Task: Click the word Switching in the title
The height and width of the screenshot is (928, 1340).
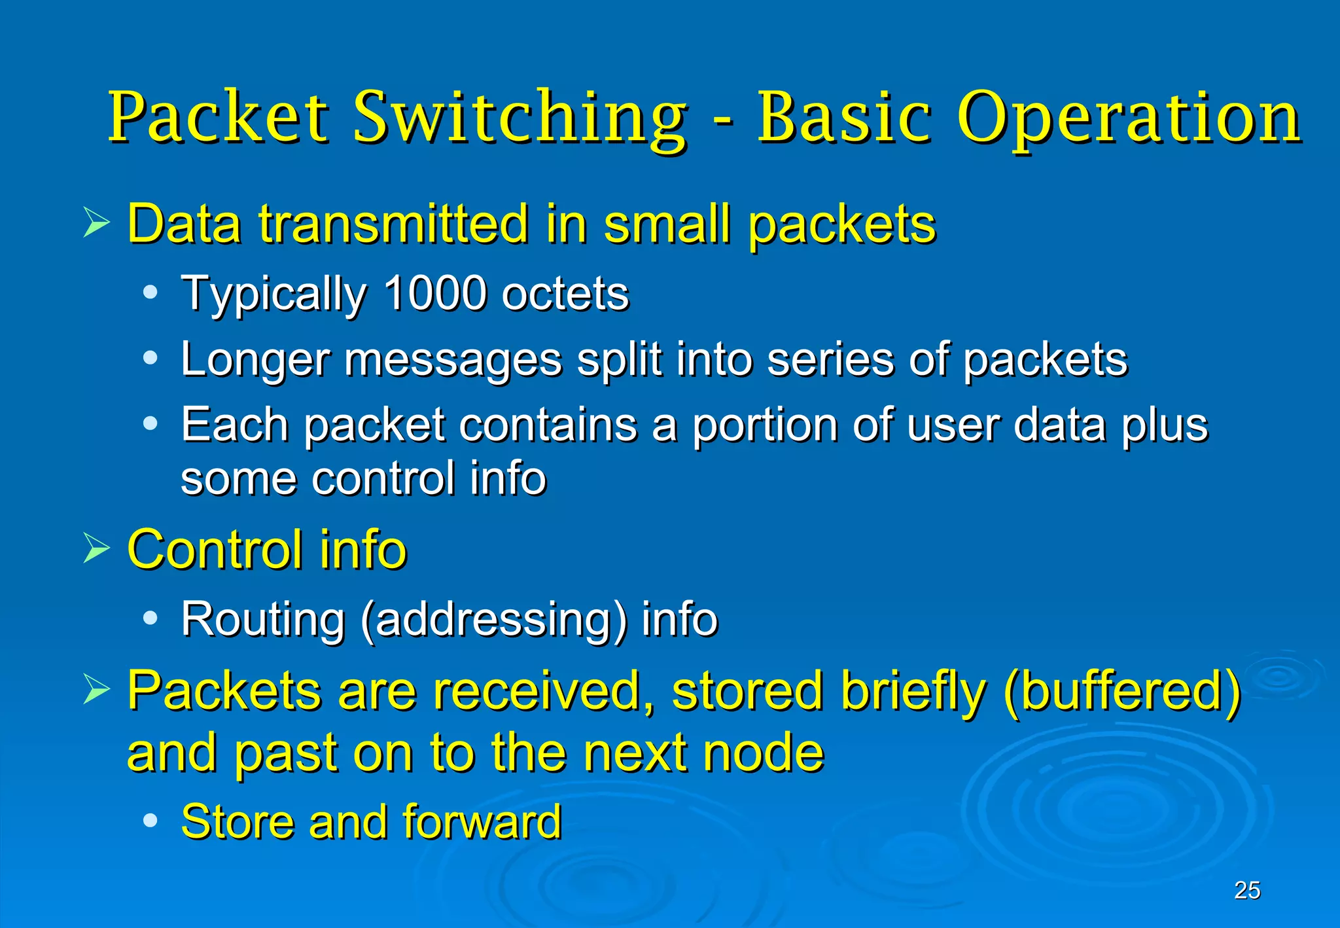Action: point(520,118)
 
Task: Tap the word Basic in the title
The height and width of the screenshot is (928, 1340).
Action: point(843,118)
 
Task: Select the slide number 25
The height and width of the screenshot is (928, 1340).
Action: point(1247,890)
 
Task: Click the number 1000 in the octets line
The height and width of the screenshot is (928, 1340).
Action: point(434,293)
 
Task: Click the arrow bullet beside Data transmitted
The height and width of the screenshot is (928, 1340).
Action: point(97,223)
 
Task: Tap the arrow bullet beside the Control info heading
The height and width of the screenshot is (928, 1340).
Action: point(97,548)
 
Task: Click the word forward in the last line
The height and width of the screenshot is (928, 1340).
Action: point(482,821)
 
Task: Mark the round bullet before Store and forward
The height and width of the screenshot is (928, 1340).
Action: point(150,819)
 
